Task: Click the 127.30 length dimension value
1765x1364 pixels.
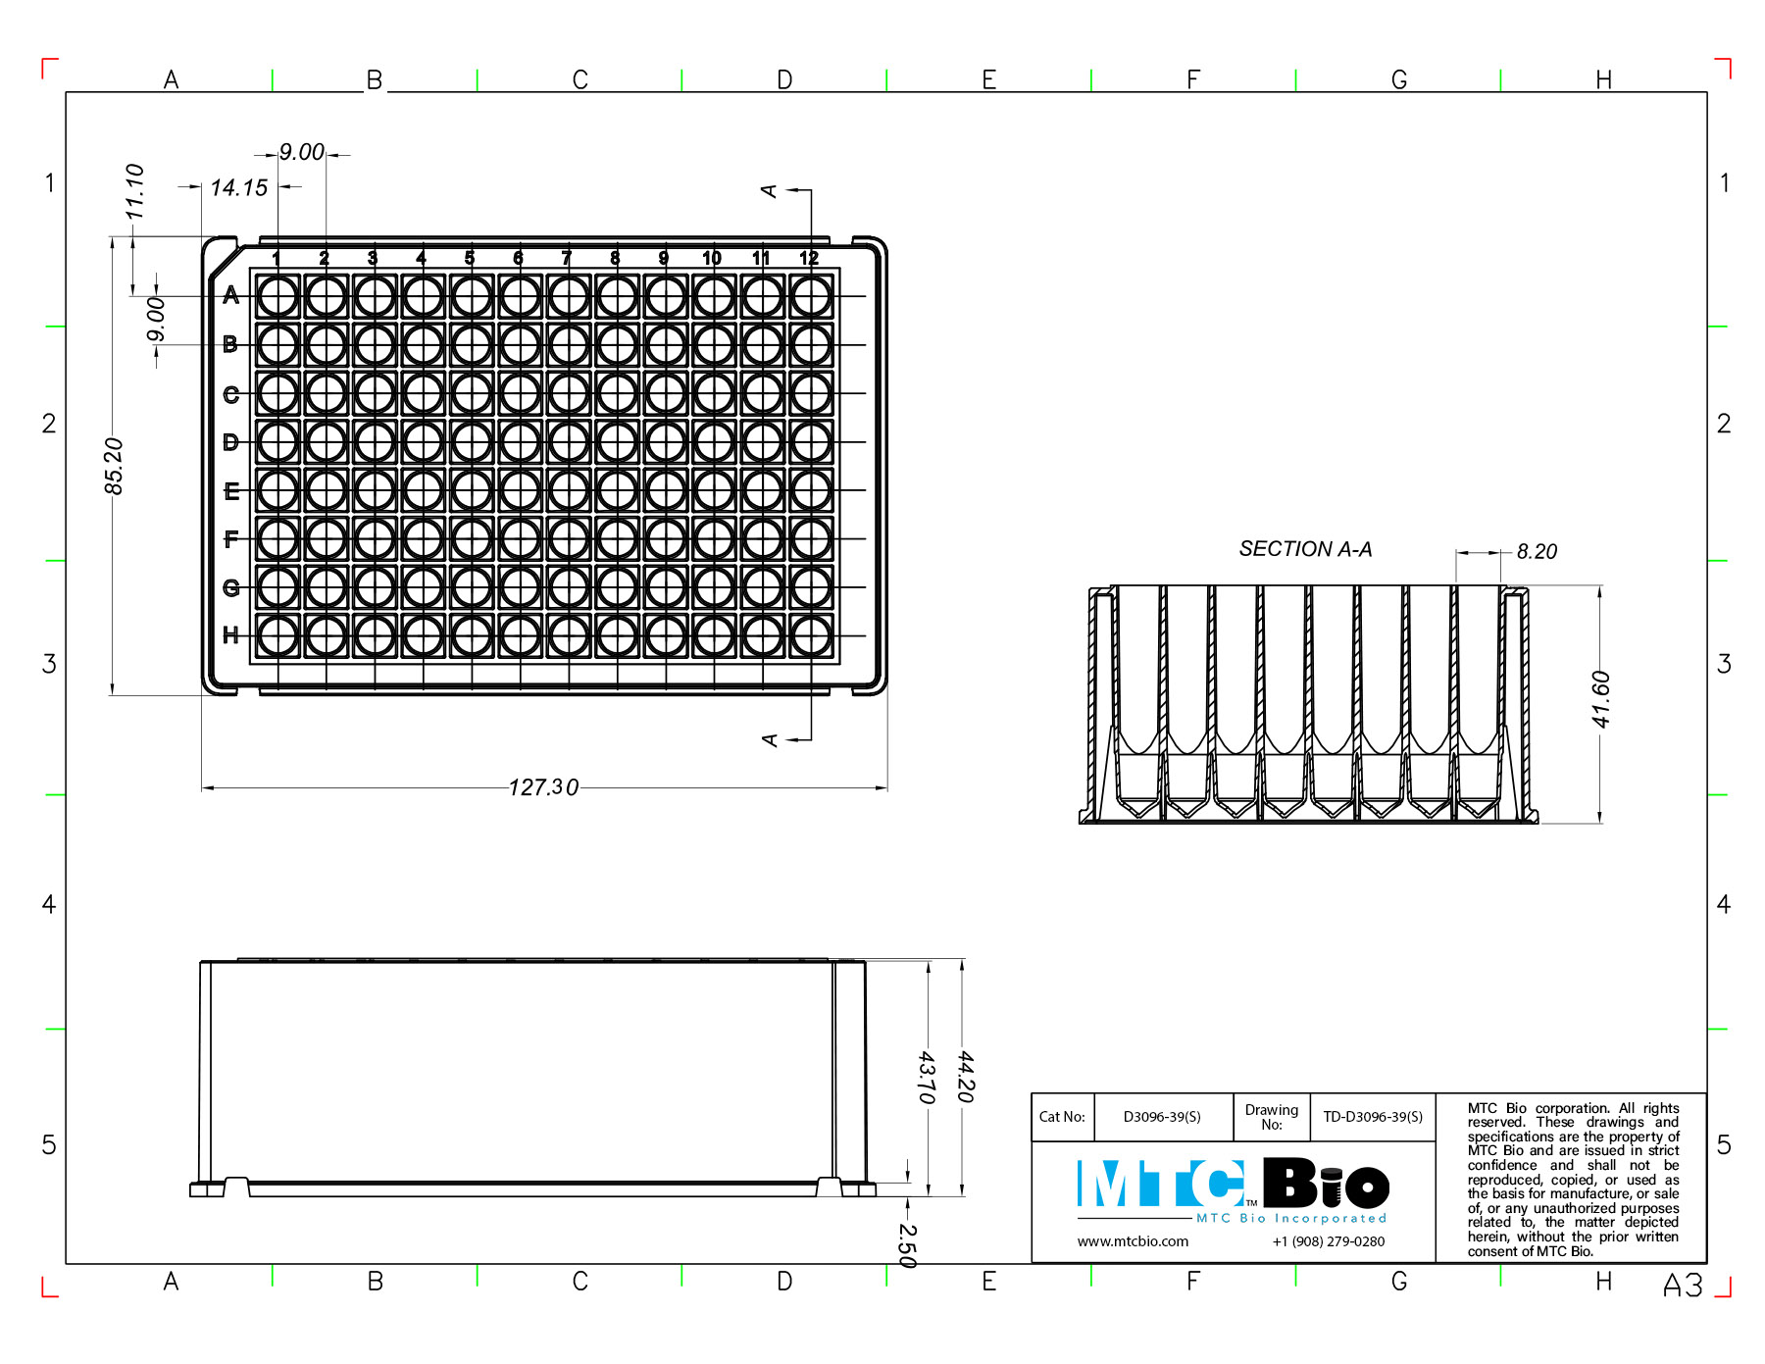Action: [543, 787]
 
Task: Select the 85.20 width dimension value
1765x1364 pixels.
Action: [114, 466]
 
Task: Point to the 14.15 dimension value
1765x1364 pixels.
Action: [238, 187]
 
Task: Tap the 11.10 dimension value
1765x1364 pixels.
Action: [134, 191]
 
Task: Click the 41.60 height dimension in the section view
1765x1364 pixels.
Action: [1600, 699]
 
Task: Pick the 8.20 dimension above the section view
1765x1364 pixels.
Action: [1537, 552]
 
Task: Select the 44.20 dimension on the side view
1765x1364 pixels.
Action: [966, 1077]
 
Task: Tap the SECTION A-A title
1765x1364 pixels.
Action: [1305, 549]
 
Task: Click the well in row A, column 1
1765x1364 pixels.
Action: [277, 296]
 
